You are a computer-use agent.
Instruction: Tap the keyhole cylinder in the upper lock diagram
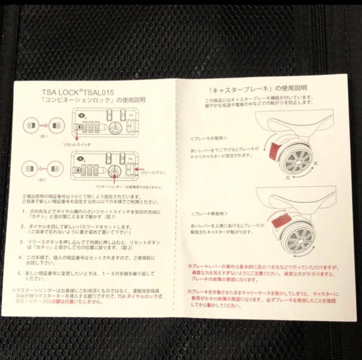tap(115, 128)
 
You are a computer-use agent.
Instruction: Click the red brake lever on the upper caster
tap(273, 150)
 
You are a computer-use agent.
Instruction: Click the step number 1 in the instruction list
tap(24, 212)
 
